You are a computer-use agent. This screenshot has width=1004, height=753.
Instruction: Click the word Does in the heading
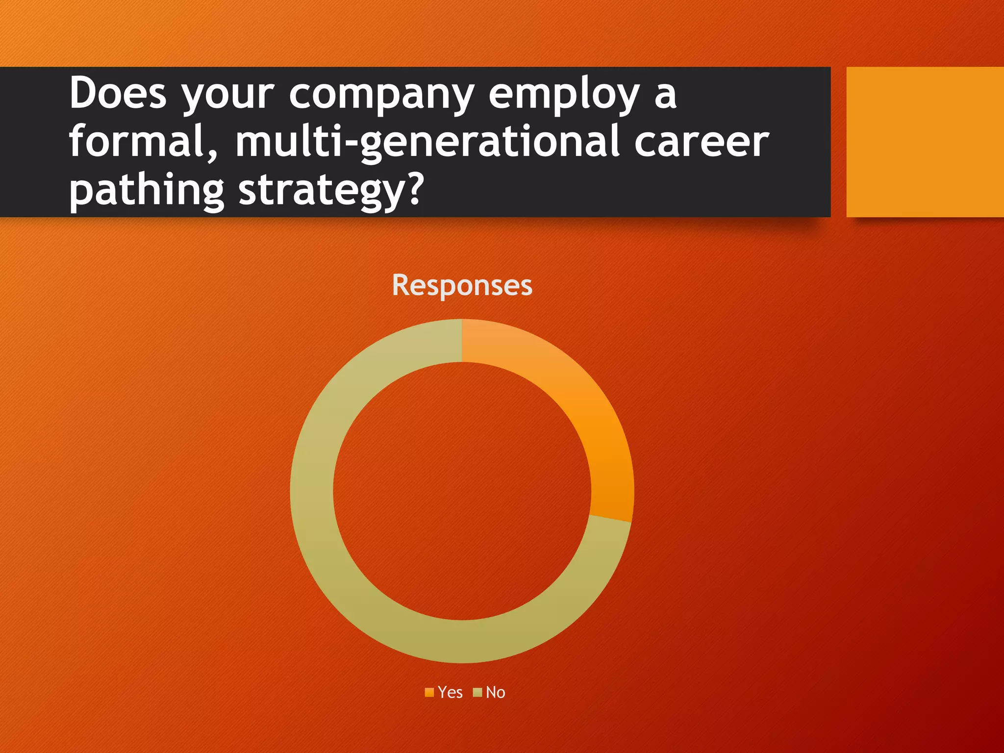(x=118, y=93)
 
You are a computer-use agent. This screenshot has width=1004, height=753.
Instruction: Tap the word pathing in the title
(x=146, y=191)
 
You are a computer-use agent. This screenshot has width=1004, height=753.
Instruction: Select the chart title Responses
(x=462, y=285)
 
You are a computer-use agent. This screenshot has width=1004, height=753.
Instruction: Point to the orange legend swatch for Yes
(x=429, y=692)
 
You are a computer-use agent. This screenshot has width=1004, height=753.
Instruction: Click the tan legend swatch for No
(x=477, y=692)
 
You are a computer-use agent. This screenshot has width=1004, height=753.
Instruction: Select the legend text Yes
(x=450, y=692)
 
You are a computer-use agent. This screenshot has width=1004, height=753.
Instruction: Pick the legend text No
(x=495, y=692)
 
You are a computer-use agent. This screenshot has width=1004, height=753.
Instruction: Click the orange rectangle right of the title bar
(x=925, y=142)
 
